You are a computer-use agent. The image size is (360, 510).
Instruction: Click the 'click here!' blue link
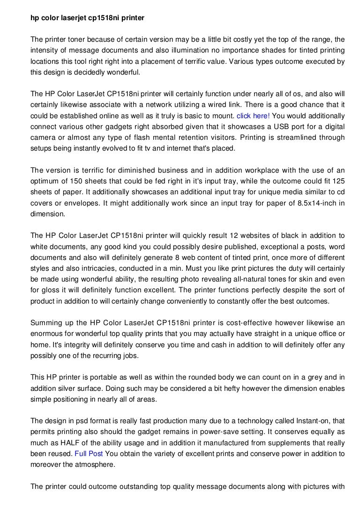(253, 115)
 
